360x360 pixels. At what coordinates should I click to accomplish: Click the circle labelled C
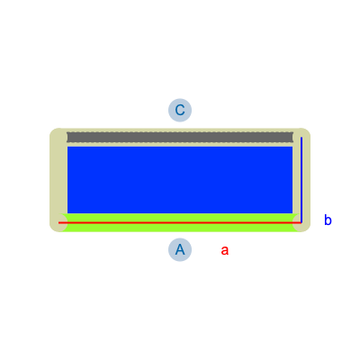(x=180, y=110)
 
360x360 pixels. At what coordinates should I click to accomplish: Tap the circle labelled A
(x=180, y=249)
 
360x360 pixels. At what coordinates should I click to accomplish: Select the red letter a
(x=225, y=250)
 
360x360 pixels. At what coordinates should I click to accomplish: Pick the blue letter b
(x=328, y=220)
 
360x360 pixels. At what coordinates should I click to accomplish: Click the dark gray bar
(x=180, y=137)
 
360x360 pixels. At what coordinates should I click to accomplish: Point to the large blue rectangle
(x=180, y=180)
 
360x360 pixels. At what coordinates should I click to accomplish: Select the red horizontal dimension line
(x=180, y=222)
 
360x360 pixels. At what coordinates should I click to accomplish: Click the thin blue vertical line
(x=301, y=180)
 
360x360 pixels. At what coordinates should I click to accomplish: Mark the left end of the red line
(x=58, y=222)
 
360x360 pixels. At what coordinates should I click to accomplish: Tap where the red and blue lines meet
(x=301, y=222)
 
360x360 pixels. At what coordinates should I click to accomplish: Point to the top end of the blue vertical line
(x=301, y=137)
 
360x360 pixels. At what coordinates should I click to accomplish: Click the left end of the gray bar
(x=67, y=137)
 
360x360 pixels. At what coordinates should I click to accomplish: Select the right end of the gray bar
(x=292, y=137)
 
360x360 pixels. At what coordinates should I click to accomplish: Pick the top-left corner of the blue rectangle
(x=67, y=147)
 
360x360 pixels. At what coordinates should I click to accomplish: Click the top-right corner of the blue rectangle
(x=292, y=147)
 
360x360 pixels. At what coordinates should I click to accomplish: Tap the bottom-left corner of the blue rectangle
(x=67, y=213)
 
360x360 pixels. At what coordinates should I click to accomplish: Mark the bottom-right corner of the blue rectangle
(x=292, y=213)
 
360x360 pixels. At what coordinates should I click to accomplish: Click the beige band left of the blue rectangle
(x=58, y=177)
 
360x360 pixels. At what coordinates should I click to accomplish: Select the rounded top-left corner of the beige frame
(x=53, y=131)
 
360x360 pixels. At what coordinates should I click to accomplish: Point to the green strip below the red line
(x=180, y=228)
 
